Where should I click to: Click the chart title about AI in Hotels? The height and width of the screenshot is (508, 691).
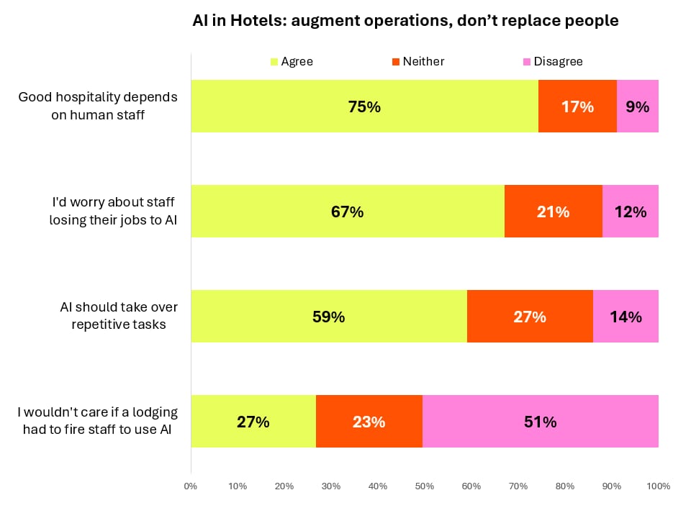pyautogui.click(x=405, y=21)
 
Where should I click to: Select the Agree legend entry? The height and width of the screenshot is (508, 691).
pyautogui.click(x=292, y=61)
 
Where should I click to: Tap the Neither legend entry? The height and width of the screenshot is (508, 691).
pyautogui.click(x=418, y=61)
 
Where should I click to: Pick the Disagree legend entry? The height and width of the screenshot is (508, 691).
pyautogui.click(x=553, y=61)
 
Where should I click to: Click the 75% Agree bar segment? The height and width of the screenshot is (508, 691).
pyautogui.click(x=365, y=106)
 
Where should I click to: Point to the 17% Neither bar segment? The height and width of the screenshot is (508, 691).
pyautogui.click(x=578, y=106)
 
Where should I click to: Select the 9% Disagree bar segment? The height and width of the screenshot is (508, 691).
pyautogui.click(x=638, y=106)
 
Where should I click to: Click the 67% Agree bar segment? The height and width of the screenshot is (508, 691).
pyautogui.click(x=348, y=211)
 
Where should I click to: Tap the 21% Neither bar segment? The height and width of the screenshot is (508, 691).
pyautogui.click(x=554, y=211)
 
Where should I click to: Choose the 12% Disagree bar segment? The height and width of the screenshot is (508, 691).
pyautogui.click(x=631, y=211)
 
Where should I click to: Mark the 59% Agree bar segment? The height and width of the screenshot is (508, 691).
pyautogui.click(x=329, y=316)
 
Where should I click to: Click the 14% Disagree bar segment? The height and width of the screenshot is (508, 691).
pyautogui.click(x=625, y=316)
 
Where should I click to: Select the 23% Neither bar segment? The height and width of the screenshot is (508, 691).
pyautogui.click(x=369, y=421)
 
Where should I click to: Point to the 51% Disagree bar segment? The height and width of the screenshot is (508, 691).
pyautogui.click(x=541, y=421)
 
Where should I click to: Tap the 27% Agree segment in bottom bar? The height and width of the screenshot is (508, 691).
pyautogui.click(x=253, y=421)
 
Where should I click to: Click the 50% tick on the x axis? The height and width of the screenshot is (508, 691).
pyautogui.click(x=425, y=486)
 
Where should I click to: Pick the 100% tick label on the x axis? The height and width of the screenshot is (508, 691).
pyautogui.click(x=659, y=486)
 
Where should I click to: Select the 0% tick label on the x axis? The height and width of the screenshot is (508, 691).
pyautogui.click(x=191, y=486)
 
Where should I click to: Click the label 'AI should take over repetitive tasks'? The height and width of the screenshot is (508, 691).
pyautogui.click(x=119, y=315)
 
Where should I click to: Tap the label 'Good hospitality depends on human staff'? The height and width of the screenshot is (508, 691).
pyautogui.click(x=98, y=106)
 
